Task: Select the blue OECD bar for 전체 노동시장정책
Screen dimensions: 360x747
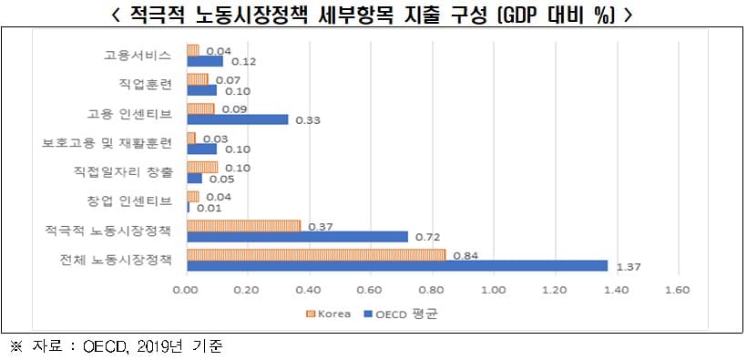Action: pos(396,265)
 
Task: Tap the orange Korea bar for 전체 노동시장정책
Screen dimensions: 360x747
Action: pos(316,254)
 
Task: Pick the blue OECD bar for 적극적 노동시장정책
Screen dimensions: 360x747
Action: pos(297,237)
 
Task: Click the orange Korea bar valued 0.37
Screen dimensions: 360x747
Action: pos(243,226)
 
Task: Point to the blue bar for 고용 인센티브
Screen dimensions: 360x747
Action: pos(237,118)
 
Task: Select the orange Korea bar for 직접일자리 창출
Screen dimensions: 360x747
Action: pos(202,167)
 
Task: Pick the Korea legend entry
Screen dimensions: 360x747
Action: pos(324,314)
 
